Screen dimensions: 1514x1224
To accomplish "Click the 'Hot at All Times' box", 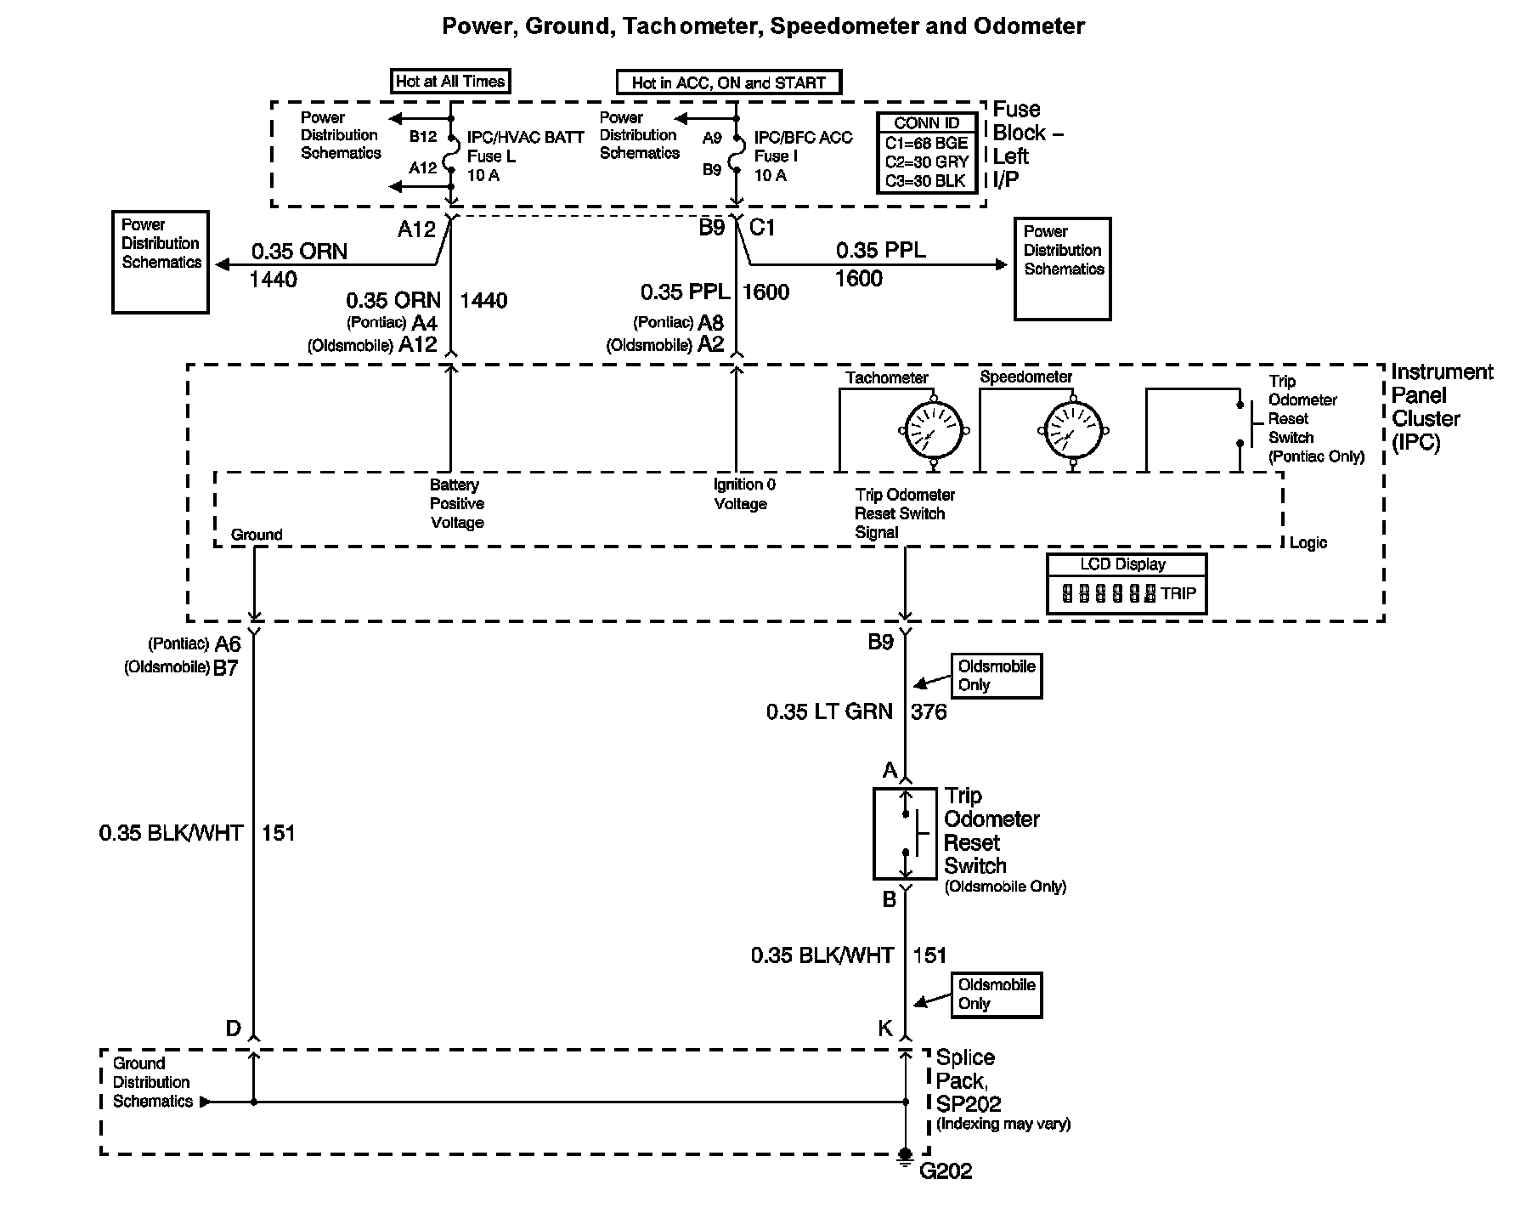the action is click(x=450, y=82).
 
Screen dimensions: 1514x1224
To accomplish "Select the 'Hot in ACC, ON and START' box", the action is click(x=728, y=82).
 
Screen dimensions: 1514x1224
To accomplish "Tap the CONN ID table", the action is click(x=926, y=153).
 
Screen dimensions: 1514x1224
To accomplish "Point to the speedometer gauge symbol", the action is click(x=1073, y=430).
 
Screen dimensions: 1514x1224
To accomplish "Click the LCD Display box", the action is click(x=1127, y=583).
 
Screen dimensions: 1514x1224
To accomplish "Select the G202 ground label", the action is click(x=946, y=1171).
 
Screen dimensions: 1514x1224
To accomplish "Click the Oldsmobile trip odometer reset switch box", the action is click(x=906, y=833).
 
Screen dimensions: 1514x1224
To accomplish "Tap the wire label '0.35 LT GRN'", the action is click(x=829, y=711).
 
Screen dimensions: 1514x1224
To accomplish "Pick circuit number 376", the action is click(x=929, y=711).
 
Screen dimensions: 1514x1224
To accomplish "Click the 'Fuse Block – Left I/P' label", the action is click(x=1028, y=144).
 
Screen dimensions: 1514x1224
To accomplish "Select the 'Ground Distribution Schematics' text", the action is click(x=153, y=1082).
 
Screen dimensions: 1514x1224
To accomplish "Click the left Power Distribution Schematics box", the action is click(x=161, y=262).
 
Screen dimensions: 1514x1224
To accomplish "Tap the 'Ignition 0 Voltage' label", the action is click(x=744, y=494).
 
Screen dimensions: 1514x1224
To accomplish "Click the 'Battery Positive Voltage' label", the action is click(x=457, y=503).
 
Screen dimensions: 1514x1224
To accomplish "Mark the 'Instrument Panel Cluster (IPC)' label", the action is click(x=1442, y=407).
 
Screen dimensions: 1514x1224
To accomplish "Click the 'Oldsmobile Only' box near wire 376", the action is click(x=996, y=676).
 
